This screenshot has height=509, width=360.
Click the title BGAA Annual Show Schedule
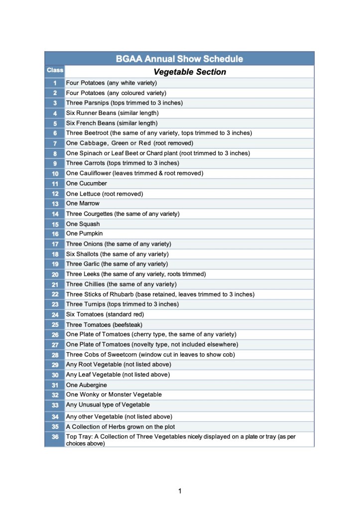pyautogui.click(x=179, y=59)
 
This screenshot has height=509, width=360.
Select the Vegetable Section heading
pyautogui.click(x=190, y=72)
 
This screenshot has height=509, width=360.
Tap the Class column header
pyautogui.click(x=55, y=70)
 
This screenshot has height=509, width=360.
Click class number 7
pyautogui.click(x=55, y=143)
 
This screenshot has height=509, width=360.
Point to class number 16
pyautogui.click(x=55, y=234)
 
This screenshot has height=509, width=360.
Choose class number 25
pyautogui.click(x=55, y=325)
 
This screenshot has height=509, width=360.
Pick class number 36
pyautogui.click(x=55, y=437)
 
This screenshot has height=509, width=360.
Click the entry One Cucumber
pyautogui.click(x=86, y=184)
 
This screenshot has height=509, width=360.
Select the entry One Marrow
pyautogui.click(x=83, y=204)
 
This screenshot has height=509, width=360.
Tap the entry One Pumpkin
pyautogui.click(x=84, y=234)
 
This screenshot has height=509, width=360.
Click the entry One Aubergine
pyautogui.click(x=86, y=385)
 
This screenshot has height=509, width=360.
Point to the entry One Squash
pyautogui.click(x=83, y=224)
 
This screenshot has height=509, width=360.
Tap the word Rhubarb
pyautogui.click(x=119, y=294)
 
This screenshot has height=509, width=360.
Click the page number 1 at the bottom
pyautogui.click(x=180, y=492)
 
